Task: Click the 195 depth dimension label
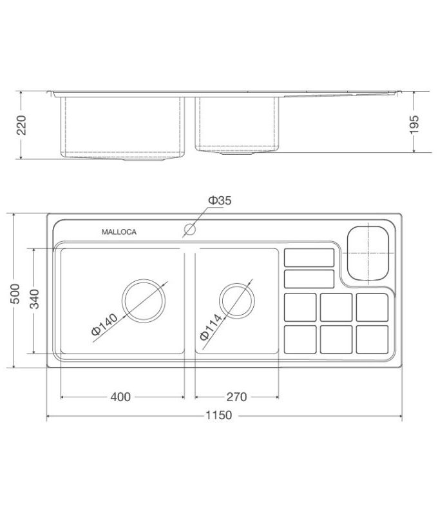tap(414, 124)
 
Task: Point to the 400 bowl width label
tap(120, 396)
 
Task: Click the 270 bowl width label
tap(238, 396)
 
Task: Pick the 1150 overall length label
tap(219, 416)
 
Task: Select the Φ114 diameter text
tap(211, 326)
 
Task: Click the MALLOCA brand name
tap(119, 232)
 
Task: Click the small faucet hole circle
tap(189, 228)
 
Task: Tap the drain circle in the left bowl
tap(144, 302)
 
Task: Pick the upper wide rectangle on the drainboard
tap(309, 257)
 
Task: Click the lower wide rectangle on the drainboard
tap(309, 279)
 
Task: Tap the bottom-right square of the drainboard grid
tap(372, 339)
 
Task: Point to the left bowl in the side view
tap(120, 127)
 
